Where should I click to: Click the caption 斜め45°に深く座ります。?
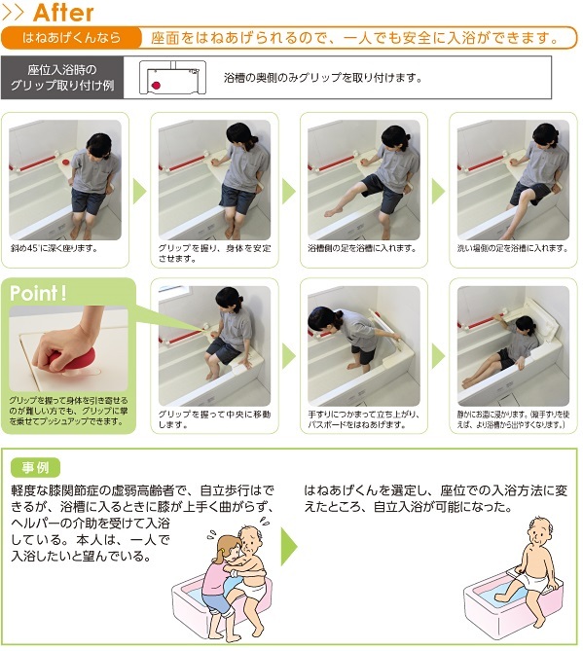click(54, 248)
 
